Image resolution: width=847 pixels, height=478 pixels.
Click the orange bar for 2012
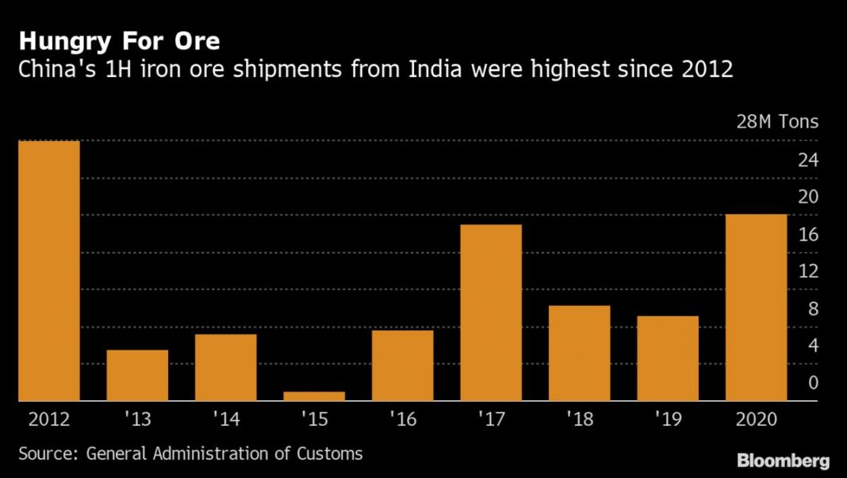coord(49,270)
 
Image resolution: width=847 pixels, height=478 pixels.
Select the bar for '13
coord(137,375)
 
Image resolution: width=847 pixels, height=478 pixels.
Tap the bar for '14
coord(225,367)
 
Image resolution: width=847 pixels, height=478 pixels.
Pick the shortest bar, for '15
coord(314,396)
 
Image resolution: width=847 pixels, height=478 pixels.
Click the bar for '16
coord(402,365)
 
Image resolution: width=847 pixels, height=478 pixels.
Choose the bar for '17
coord(491,312)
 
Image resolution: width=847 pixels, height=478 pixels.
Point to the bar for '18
coord(579,353)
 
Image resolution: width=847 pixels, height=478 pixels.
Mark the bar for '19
coord(668,358)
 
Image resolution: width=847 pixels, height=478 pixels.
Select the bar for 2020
coord(756,307)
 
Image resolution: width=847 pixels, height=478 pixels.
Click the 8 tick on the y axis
coord(813,309)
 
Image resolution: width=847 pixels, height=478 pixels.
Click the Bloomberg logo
coord(783,460)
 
